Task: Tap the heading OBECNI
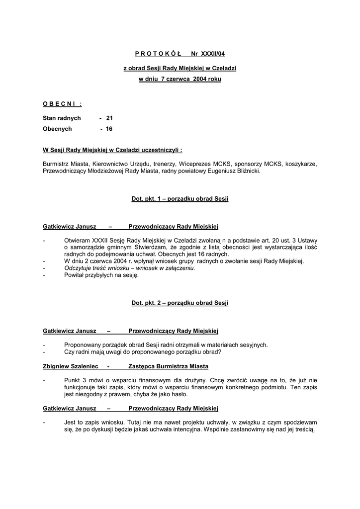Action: pos(62,103)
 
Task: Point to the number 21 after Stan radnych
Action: pos(109,118)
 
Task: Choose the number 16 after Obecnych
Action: pos(109,129)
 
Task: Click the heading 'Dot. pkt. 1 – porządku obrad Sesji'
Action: pos(180,199)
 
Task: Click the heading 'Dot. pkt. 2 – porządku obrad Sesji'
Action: pos(180,303)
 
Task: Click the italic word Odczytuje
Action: pos(79,268)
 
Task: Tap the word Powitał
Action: pos(75,275)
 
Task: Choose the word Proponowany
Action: pos(83,344)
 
